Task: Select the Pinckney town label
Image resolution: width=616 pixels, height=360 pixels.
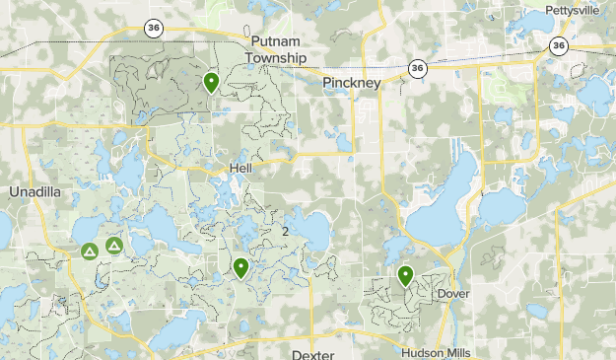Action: click(x=351, y=84)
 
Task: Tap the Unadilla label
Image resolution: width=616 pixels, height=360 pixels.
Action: click(x=34, y=190)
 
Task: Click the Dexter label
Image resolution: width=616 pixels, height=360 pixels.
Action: click(x=313, y=353)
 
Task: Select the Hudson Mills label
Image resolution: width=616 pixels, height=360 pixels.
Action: click(x=437, y=353)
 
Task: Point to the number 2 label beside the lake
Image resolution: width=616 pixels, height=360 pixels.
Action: click(x=286, y=231)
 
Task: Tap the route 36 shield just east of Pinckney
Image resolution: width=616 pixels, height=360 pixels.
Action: click(x=418, y=68)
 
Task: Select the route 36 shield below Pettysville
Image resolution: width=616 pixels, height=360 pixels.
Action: click(x=559, y=45)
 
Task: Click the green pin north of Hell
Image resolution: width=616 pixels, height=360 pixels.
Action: click(x=211, y=82)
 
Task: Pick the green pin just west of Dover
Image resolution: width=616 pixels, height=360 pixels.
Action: click(x=405, y=275)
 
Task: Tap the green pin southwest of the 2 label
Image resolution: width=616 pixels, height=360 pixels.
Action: click(x=240, y=266)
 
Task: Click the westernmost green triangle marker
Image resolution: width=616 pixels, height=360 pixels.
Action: click(x=89, y=252)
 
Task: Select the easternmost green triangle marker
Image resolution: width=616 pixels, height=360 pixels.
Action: click(x=114, y=245)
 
